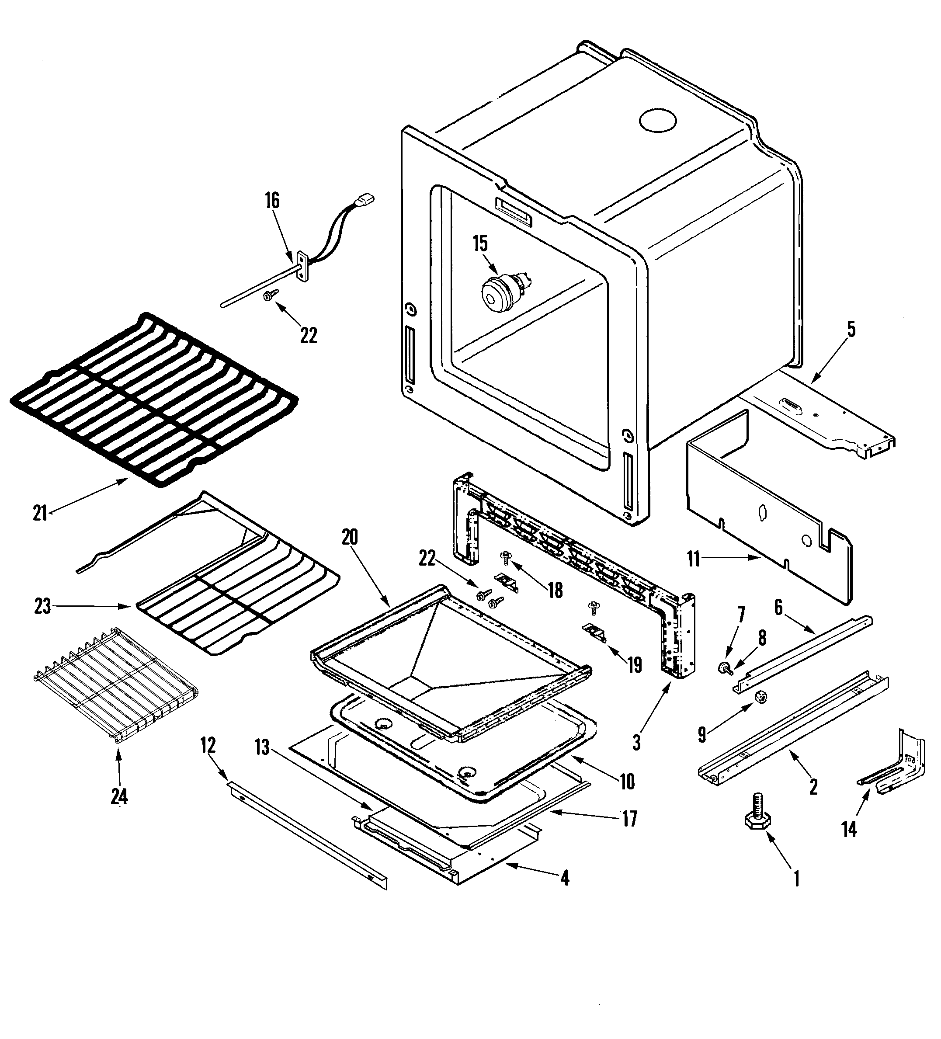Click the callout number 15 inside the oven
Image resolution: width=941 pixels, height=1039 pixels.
coord(480,244)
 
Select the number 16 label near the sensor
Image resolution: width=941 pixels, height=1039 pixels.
coord(272,201)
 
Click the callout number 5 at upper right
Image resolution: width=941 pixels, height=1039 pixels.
coord(851,329)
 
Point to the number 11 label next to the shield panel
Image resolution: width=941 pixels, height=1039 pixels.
coord(694,559)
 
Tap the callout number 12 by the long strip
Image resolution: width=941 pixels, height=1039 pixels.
coord(208,746)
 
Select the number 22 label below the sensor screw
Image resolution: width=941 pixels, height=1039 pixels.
coord(308,336)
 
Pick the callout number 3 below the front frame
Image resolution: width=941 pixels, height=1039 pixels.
coord(636,743)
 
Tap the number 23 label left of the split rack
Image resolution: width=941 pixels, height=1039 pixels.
coord(42,607)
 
